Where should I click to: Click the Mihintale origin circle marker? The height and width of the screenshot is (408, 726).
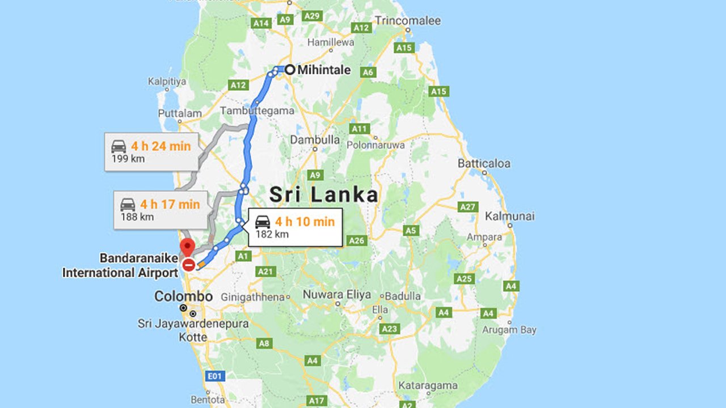290,70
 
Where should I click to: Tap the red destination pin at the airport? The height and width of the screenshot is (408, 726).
187,247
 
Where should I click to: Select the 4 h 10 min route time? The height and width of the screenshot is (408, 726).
305,222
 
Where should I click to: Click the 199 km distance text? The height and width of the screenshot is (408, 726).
128,159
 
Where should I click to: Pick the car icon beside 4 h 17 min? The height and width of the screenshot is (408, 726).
128,204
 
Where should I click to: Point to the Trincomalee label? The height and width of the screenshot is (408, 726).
407,21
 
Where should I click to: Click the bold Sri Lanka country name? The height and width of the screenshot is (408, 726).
323,195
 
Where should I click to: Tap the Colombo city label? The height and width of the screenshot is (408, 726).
183,296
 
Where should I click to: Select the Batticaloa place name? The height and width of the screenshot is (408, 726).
484,163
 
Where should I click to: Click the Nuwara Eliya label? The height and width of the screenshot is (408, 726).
336,295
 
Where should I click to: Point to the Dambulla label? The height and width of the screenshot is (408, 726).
315,139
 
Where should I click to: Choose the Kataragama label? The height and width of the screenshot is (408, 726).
428,385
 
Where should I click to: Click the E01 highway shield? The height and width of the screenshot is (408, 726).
216,376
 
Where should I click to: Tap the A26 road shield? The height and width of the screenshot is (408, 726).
357,241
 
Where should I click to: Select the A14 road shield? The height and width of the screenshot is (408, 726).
261,23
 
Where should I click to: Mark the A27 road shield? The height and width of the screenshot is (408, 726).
467,207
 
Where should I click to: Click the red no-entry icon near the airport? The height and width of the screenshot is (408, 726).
189,265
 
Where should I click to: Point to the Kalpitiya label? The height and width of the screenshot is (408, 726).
167,81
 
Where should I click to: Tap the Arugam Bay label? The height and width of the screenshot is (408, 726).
509,330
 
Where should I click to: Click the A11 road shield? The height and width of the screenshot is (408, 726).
360,129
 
